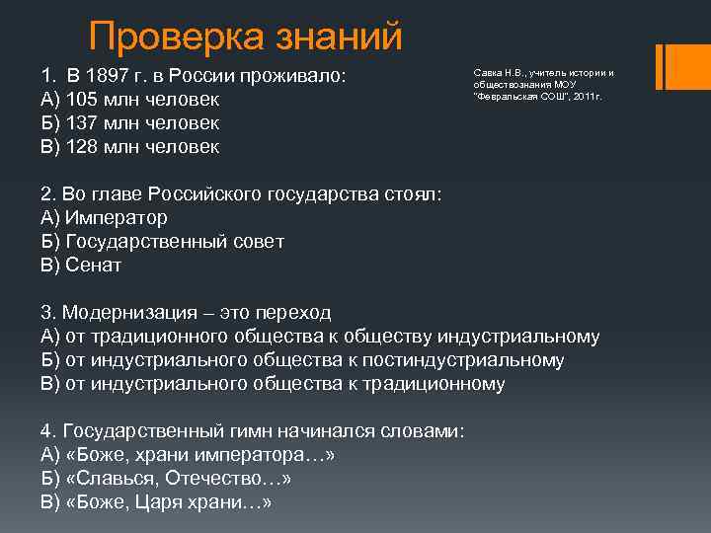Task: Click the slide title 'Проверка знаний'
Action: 246,38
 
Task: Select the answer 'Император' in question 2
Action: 117,218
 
